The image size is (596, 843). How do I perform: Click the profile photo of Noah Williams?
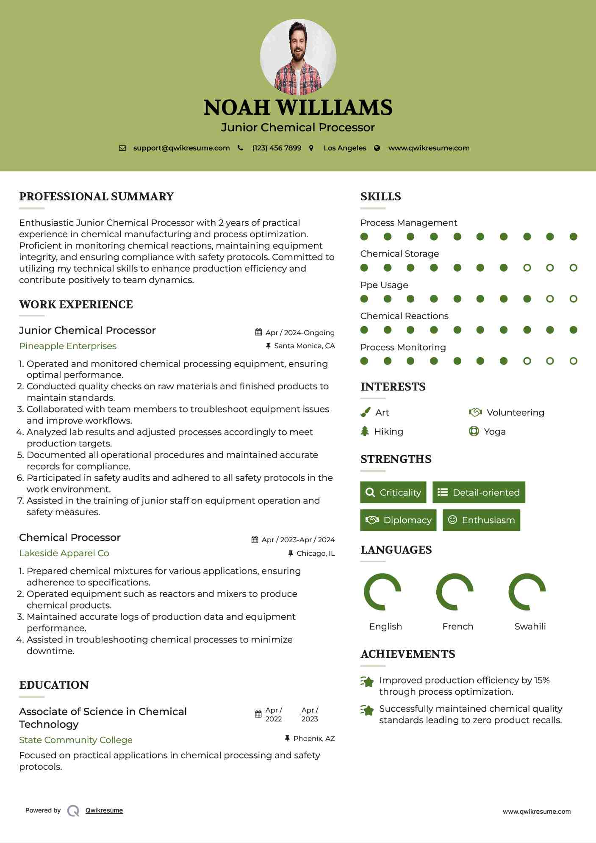coord(298,57)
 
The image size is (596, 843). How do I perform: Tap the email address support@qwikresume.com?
coord(181,148)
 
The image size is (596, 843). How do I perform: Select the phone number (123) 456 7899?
coord(277,148)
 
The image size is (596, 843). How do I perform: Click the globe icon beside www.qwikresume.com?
coord(377,148)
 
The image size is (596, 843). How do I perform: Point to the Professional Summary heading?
coord(97,197)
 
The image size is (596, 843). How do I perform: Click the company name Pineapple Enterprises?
coord(68,346)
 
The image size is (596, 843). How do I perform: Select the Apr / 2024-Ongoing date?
coord(300,333)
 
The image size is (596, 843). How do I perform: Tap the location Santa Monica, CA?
coord(304,346)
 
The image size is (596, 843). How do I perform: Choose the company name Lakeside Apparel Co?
coord(64,553)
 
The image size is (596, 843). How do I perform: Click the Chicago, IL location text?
coord(316,553)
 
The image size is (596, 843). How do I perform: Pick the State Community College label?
coord(76,740)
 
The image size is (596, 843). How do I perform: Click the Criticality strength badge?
coord(393,492)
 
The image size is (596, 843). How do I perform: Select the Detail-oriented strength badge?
coord(479,492)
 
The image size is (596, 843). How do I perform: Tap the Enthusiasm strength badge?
coord(481,520)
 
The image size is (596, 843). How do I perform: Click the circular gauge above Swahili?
coord(527,592)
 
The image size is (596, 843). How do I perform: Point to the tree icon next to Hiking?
coord(365,431)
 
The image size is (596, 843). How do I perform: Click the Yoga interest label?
coord(495,432)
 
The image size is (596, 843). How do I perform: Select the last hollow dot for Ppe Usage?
coord(573,299)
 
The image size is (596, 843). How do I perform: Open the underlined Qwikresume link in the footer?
coord(104,810)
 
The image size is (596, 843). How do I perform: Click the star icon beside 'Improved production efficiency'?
coord(367,682)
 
